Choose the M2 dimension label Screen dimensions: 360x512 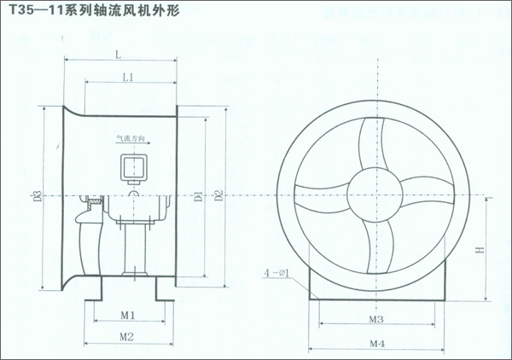pos(126,336)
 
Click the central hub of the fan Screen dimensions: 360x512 pos(372,190)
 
